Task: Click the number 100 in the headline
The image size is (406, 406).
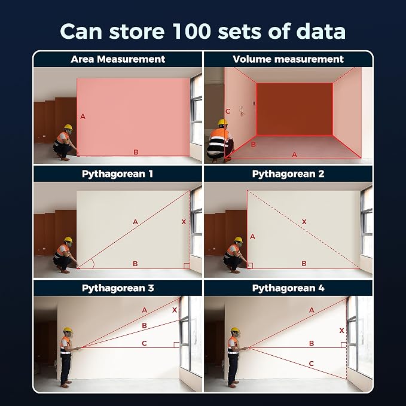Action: tap(191, 31)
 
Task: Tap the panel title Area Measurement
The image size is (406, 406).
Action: tap(118, 59)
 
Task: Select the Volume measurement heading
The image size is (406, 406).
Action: tap(288, 59)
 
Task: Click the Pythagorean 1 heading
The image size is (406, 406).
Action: tap(117, 174)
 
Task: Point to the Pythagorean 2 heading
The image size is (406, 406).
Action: tap(288, 174)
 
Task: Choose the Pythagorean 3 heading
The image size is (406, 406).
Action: tap(118, 288)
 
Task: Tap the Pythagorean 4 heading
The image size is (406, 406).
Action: tap(288, 288)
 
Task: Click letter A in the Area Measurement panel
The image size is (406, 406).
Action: tap(83, 117)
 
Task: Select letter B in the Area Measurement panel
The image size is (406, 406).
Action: tap(136, 152)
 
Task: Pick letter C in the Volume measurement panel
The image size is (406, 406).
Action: tap(228, 111)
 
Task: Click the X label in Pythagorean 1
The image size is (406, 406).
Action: tap(184, 222)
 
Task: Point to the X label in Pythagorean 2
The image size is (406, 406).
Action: tap(304, 222)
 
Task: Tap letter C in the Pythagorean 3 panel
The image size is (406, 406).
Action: tap(145, 343)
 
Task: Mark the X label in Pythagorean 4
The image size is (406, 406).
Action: tap(342, 331)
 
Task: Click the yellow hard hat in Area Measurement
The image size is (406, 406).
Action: tap(68, 127)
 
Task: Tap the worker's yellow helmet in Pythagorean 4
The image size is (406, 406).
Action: tap(235, 330)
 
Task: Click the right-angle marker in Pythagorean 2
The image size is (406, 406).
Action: tap(250, 266)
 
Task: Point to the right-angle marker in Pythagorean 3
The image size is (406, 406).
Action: tap(176, 344)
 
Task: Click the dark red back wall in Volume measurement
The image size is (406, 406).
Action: tap(295, 109)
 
